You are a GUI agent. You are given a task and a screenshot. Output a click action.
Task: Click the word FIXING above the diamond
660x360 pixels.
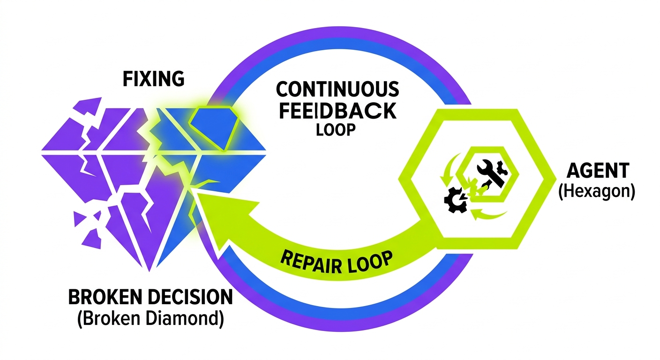pyautogui.click(x=153, y=79)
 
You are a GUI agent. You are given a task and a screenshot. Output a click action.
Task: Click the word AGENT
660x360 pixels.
pyautogui.click(x=597, y=172)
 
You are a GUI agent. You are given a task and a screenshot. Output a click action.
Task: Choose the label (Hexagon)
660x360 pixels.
pyautogui.click(x=597, y=192)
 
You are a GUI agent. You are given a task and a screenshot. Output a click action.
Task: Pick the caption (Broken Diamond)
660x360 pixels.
pyautogui.click(x=149, y=319)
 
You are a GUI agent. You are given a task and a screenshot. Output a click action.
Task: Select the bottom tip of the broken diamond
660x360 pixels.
pyautogui.click(x=150, y=270)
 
